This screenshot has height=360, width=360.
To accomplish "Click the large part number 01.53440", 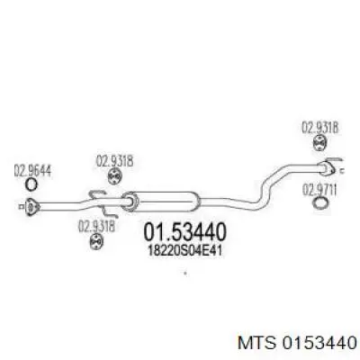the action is [x=184, y=232].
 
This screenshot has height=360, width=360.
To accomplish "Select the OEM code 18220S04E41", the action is [x=185, y=250].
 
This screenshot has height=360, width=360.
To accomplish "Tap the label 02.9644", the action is [x=32, y=171].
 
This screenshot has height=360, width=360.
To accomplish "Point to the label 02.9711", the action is [x=319, y=190].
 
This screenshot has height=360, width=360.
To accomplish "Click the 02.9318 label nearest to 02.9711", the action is [x=319, y=128].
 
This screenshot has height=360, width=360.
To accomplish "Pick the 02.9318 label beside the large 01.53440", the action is [x=96, y=226].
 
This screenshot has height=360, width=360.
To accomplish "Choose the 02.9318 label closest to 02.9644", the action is [x=114, y=162].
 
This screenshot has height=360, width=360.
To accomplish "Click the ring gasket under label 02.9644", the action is [x=31, y=184].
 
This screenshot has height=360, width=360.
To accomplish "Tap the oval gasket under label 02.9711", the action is [x=320, y=203].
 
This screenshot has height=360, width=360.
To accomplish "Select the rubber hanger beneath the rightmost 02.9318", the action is [x=320, y=143].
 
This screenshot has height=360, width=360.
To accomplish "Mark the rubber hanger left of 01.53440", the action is [x=96, y=241].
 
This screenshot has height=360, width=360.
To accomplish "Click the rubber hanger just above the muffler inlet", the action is [x=114, y=176].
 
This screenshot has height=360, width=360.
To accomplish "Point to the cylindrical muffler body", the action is [x=162, y=202].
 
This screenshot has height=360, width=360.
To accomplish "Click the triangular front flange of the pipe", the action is [x=31, y=206].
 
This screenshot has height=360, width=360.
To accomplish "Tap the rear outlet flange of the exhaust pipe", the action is [x=326, y=168].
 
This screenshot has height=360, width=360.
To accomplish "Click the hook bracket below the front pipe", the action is [x=111, y=212].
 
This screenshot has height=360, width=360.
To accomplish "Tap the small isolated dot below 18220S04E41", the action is [x=185, y=274].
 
